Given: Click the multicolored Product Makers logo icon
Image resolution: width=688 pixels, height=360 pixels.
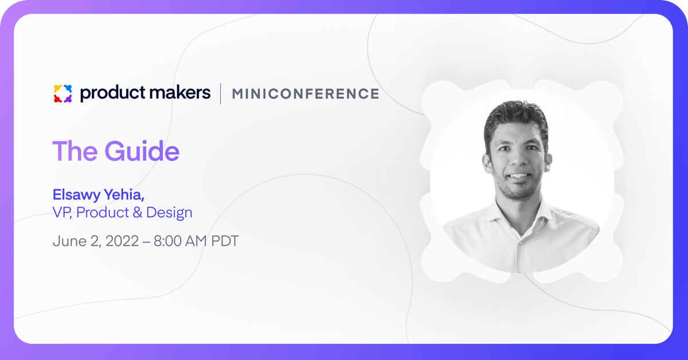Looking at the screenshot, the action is tap(62, 93).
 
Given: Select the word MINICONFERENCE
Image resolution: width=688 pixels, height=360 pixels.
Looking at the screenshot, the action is tap(306, 93).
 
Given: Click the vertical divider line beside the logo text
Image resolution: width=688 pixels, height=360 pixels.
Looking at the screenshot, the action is tap(221, 93).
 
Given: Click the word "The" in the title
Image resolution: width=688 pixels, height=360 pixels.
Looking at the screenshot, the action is tap(75, 151).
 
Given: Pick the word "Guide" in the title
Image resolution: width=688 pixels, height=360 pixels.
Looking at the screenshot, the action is tap(142, 151).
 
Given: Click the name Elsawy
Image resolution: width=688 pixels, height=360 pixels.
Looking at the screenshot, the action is tap(76, 195).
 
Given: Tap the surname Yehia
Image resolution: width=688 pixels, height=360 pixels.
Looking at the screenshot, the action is tap(124, 194).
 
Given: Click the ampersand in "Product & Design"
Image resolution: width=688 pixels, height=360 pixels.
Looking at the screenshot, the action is tap(137, 213).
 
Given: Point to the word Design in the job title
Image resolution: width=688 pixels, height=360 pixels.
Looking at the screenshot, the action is tap(169, 213).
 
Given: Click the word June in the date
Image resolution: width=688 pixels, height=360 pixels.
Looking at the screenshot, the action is tap(70, 241).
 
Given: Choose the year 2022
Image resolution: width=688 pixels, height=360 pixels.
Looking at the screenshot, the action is tap(122, 241).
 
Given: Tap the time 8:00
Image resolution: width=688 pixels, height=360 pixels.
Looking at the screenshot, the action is tap(167, 241).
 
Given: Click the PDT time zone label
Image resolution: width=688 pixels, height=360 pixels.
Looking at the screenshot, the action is tap(225, 241).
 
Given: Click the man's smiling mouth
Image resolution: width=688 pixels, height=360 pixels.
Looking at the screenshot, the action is tap(518, 176).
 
